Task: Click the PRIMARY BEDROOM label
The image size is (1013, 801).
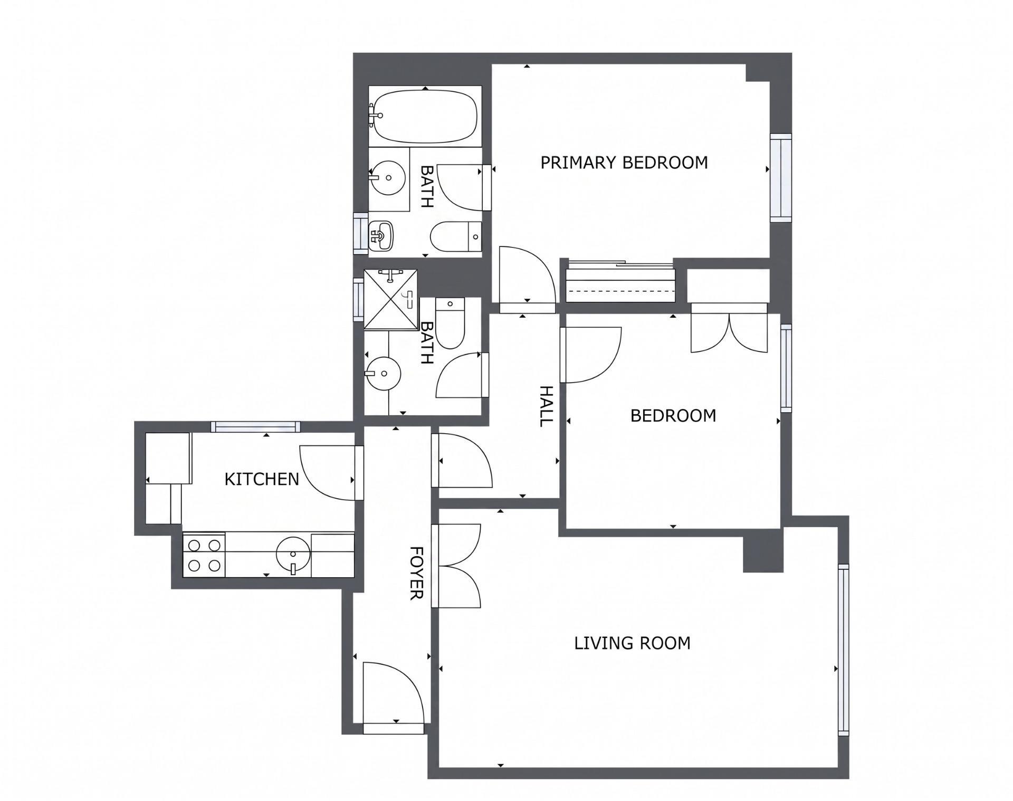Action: point(624,163)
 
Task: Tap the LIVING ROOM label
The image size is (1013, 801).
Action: point(632,643)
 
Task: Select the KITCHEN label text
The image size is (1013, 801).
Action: point(262,479)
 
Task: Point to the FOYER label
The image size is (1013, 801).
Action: point(417,573)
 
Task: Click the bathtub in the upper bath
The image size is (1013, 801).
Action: point(425,116)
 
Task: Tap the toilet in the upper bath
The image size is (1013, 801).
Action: point(456,237)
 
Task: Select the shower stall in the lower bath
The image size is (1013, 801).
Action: point(391,300)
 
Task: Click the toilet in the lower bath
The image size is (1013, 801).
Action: point(450,323)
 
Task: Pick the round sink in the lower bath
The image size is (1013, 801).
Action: point(383,374)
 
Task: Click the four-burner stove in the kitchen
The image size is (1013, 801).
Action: point(204,555)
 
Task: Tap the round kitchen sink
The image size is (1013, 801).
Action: point(293,555)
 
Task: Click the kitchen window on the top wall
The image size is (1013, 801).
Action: point(256,427)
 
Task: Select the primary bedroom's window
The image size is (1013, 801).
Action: point(781,178)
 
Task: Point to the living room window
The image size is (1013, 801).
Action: point(844,650)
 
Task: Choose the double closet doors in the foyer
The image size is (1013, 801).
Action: point(456,566)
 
